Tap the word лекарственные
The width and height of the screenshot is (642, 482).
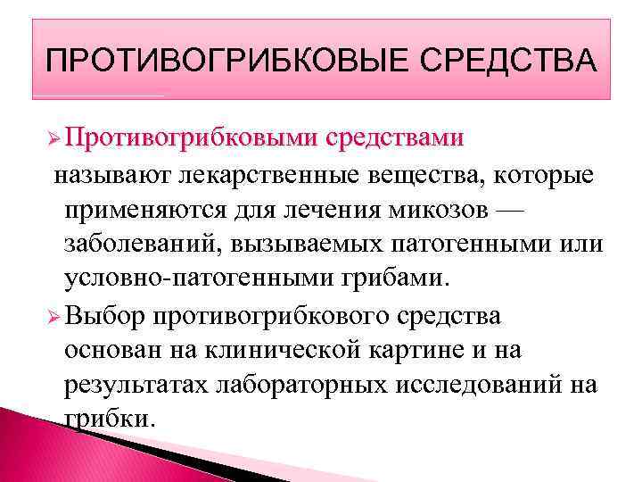(x=264, y=178)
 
